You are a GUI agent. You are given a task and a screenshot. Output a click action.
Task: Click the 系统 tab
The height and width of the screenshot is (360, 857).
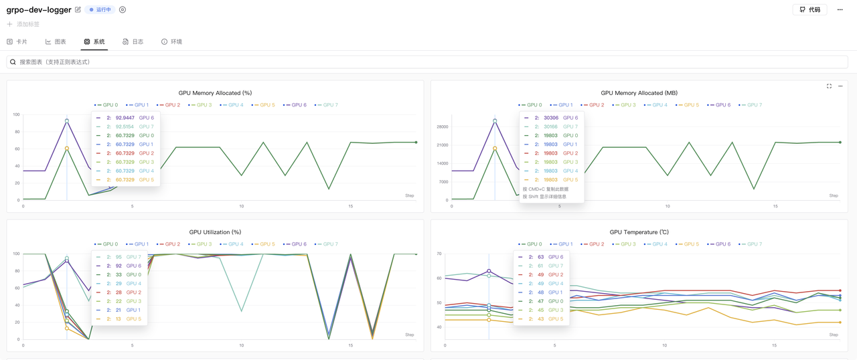[94, 41]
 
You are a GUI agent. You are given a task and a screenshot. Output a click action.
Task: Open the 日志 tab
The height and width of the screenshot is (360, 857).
[133, 41]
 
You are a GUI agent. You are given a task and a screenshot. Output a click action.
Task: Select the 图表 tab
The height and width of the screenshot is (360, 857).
[56, 41]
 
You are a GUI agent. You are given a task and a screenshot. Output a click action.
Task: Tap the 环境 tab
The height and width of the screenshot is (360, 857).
[172, 41]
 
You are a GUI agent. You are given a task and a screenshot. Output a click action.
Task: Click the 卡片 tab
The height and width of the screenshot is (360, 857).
[17, 41]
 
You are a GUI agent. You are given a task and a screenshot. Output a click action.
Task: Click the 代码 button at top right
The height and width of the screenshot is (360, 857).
[809, 10]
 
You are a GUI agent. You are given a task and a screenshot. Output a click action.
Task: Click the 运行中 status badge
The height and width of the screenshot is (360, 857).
[100, 10]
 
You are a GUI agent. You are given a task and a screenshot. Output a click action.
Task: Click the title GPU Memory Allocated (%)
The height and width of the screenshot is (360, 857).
[215, 93]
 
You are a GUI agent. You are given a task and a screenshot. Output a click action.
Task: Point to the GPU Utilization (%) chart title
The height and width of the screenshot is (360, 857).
[215, 232]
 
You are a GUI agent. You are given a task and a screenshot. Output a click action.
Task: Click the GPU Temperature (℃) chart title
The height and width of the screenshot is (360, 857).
[639, 232]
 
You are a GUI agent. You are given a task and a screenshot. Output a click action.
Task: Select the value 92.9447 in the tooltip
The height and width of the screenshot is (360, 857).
[125, 118]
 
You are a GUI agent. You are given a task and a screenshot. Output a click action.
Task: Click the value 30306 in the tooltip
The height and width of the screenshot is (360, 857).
[552, 118]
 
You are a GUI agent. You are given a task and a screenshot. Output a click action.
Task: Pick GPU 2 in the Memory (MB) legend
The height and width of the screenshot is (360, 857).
[594, 105]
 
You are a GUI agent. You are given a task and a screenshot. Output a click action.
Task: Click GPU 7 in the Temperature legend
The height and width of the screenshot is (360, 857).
[751, 244]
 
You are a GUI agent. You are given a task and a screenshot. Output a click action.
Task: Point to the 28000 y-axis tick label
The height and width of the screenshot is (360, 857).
[442, 126]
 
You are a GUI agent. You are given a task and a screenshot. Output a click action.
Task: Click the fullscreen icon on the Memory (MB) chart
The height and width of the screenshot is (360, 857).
[829, 86]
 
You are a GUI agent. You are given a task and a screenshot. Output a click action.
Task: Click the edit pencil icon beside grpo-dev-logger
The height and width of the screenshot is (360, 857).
[78, 10]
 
